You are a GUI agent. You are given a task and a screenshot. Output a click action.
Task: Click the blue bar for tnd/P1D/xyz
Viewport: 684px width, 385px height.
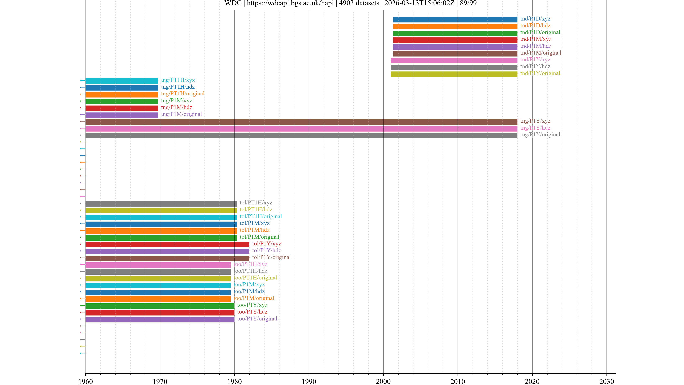point(455,19)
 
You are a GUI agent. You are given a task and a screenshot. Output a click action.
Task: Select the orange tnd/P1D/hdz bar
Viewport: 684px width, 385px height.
point(455,26)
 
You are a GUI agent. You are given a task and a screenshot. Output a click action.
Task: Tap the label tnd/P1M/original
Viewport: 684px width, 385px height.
point(541,53)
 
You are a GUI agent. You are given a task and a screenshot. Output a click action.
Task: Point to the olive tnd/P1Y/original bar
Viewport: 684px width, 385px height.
point(454,74)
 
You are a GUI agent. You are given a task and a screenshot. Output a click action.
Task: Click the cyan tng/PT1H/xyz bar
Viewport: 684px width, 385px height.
point(122,81)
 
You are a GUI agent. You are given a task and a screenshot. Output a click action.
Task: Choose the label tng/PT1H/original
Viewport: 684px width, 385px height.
point(183,94)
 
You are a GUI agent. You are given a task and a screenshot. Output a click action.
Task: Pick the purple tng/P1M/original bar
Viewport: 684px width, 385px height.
point(122,115)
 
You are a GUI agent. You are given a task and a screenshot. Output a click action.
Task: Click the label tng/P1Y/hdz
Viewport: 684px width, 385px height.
point(535,128)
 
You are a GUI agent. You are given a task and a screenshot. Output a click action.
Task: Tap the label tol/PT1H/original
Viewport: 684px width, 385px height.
point(261,216)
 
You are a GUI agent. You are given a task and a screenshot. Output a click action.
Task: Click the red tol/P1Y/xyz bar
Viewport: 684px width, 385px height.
point(167,244)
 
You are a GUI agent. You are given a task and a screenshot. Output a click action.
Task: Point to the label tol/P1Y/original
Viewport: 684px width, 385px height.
point(271,257)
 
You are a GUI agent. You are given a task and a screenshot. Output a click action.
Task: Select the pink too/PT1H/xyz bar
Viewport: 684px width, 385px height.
point(158,265)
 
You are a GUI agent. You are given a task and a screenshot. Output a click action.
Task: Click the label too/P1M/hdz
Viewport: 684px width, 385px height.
point(249,291)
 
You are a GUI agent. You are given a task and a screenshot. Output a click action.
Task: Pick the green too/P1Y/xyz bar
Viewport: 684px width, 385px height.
point(160,306)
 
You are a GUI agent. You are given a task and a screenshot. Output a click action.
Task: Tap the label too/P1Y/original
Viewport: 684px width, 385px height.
point(257,319)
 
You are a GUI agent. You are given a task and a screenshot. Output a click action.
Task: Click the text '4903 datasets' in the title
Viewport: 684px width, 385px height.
point(359,3)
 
